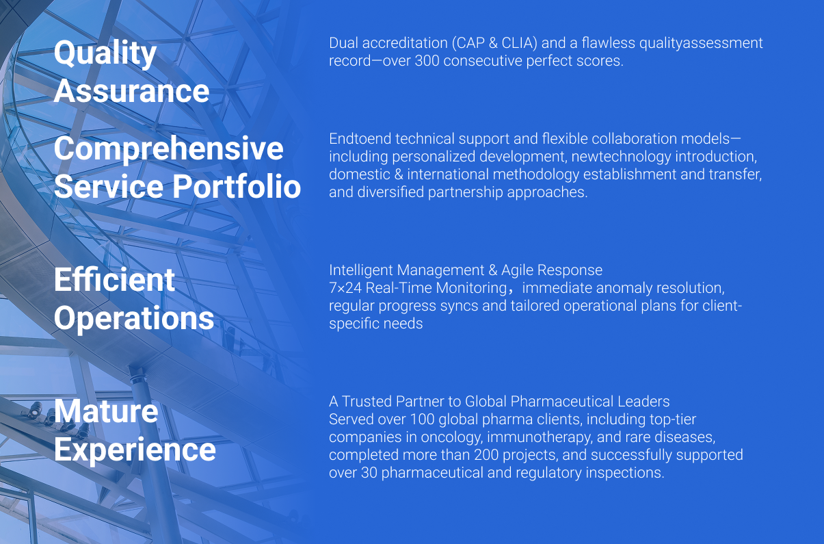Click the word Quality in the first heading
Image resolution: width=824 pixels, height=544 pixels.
(105, 54)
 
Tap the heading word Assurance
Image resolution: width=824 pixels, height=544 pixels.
(132, 91)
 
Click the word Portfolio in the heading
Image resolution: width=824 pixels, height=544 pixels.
(237, 187)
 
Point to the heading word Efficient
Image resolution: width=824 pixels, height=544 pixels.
(114, 280)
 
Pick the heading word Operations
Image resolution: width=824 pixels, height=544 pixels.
(134, 319)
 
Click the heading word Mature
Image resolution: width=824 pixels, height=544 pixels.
(106, 411)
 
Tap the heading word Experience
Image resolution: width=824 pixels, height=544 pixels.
(135, 450)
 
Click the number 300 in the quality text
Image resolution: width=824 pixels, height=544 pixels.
(427, 61)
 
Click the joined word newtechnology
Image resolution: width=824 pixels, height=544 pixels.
(621, 157)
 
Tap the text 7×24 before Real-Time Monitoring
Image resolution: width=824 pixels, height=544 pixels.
(345, 288)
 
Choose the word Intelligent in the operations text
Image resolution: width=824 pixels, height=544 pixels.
(361, 270)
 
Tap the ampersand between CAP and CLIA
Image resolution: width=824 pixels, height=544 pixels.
(493, 43)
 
